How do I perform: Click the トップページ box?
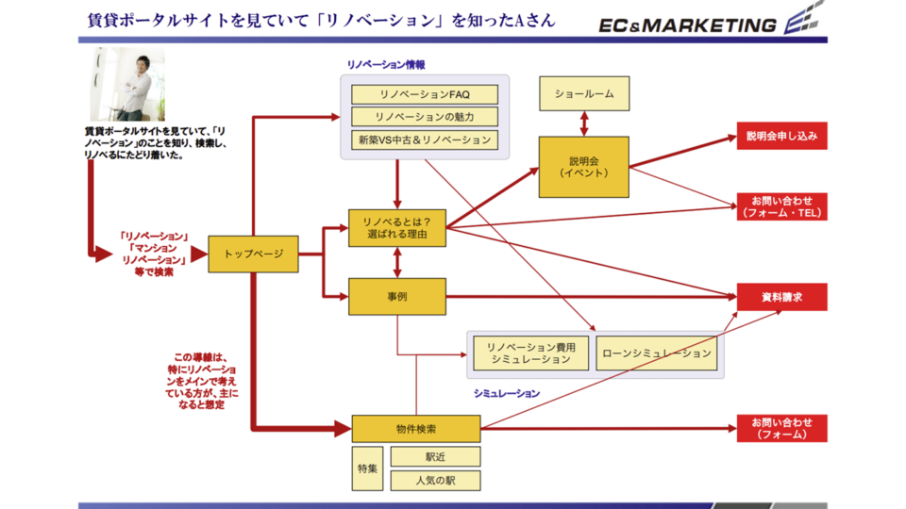tap(253, 254)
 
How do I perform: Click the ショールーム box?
tap(583, 95)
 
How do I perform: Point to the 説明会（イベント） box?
tap(583, 167)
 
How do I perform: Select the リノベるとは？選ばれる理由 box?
tap(396, 227)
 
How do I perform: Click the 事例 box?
tap(396, 296)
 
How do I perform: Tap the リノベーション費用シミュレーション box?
tap(530, 353)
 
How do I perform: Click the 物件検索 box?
tap(416, 429)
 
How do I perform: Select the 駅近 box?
tap(435, 456)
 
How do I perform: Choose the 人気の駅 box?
tap(435, 480)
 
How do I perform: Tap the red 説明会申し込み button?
tap(781, 137)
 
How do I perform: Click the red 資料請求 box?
tap(781, 297)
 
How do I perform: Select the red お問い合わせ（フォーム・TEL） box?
tap(781, 206)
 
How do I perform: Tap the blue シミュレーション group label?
tap(507, 393)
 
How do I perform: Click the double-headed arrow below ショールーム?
tap(584, 123)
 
